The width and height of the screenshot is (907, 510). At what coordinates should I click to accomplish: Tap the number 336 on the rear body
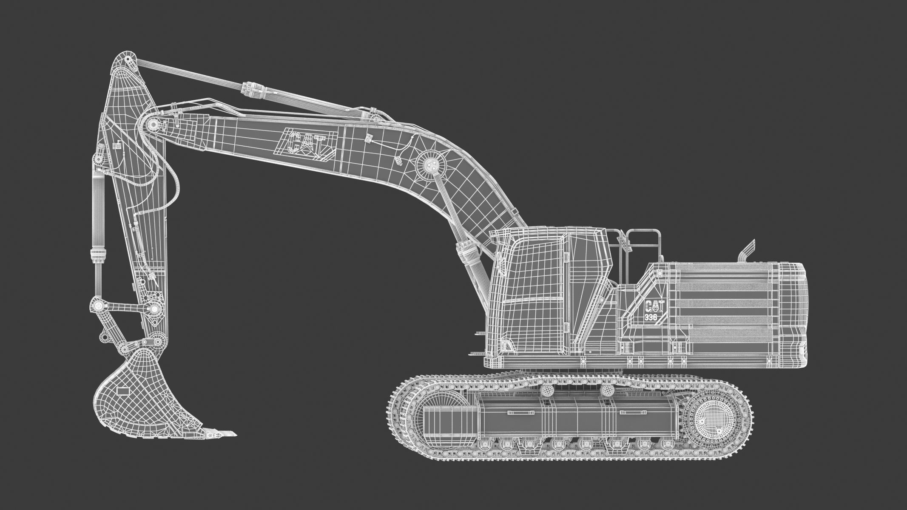click(x=651, y=317)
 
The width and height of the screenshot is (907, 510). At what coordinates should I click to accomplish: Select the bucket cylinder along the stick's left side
click(x=97, y=221)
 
